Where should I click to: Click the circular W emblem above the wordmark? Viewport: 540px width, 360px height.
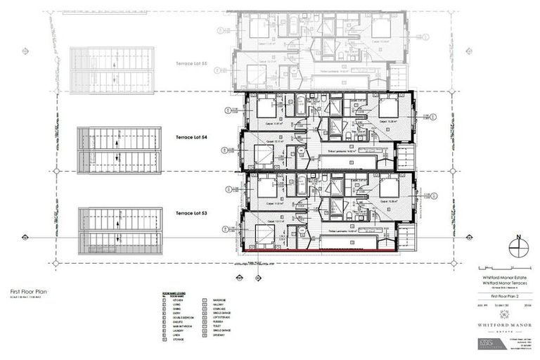coord(498,314)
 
